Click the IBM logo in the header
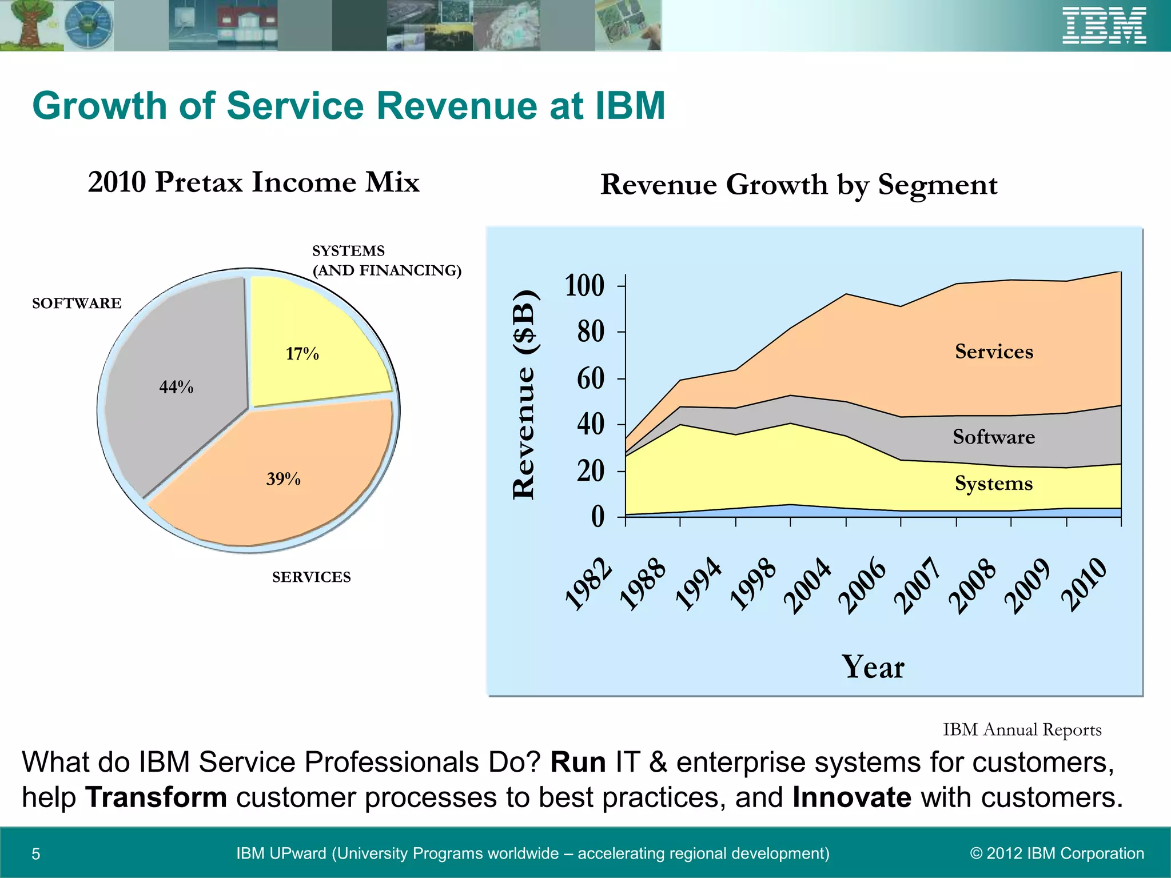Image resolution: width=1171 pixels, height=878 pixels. [x=1104, y=26]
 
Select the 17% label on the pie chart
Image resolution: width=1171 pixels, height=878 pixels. [x=302, y=354]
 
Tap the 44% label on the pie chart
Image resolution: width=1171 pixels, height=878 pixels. [x=176, y=387]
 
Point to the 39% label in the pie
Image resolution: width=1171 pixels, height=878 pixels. [x=283, y=479]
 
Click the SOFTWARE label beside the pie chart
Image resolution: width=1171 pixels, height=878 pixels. [x=77, y=304]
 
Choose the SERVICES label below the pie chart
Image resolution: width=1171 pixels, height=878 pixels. [x=311, y=577]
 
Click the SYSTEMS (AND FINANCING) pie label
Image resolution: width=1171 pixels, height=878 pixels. [x=386, y=261]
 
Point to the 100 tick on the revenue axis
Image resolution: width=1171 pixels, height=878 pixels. [x=584, y=285]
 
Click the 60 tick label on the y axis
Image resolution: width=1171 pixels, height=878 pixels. [x=590, y=378]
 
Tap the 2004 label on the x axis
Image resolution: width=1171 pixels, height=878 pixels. [x=807, y=585]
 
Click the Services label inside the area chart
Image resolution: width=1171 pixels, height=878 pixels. [x=994, y=352]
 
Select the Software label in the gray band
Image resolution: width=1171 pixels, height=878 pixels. [x=994, y=437]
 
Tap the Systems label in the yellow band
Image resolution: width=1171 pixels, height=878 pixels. [x=994, y=484]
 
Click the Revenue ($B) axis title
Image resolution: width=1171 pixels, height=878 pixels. [x=524, y=394]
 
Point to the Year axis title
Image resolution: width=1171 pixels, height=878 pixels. [x=873, y=667]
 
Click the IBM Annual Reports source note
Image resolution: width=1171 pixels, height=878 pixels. [x=1022, y=730]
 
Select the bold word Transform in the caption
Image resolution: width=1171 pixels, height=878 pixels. [x=156, y=797]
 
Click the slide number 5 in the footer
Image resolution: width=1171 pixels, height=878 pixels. [x=35, y=854]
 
